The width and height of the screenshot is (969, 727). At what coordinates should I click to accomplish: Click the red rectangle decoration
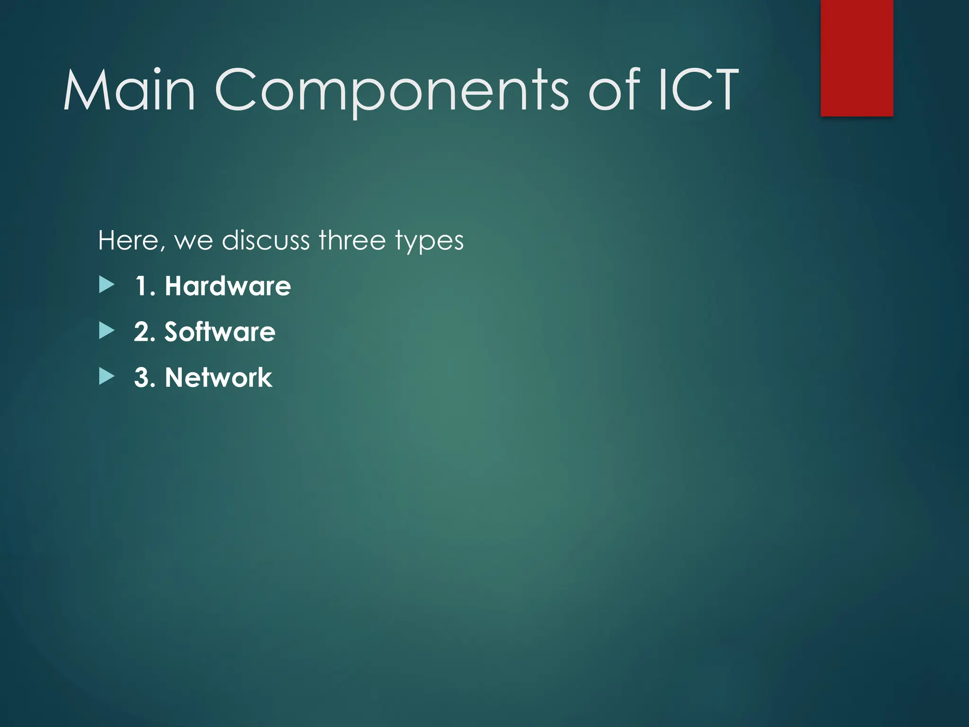pos(856,58)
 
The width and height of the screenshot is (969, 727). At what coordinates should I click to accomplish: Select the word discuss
pos(266,240)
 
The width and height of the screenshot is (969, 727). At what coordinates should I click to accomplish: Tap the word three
pos(352,240)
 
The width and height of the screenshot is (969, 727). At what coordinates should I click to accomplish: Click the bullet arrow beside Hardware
pos(107,285)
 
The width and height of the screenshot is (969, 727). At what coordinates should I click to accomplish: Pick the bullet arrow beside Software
pos(107,330)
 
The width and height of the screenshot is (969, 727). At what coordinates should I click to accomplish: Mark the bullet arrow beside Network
pos(107,377)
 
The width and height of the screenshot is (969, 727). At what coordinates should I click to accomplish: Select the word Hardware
pos(228,286)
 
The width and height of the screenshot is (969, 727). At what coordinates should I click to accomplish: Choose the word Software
pos(220,331)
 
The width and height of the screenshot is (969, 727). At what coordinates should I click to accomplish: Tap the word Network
pos(218,378)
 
